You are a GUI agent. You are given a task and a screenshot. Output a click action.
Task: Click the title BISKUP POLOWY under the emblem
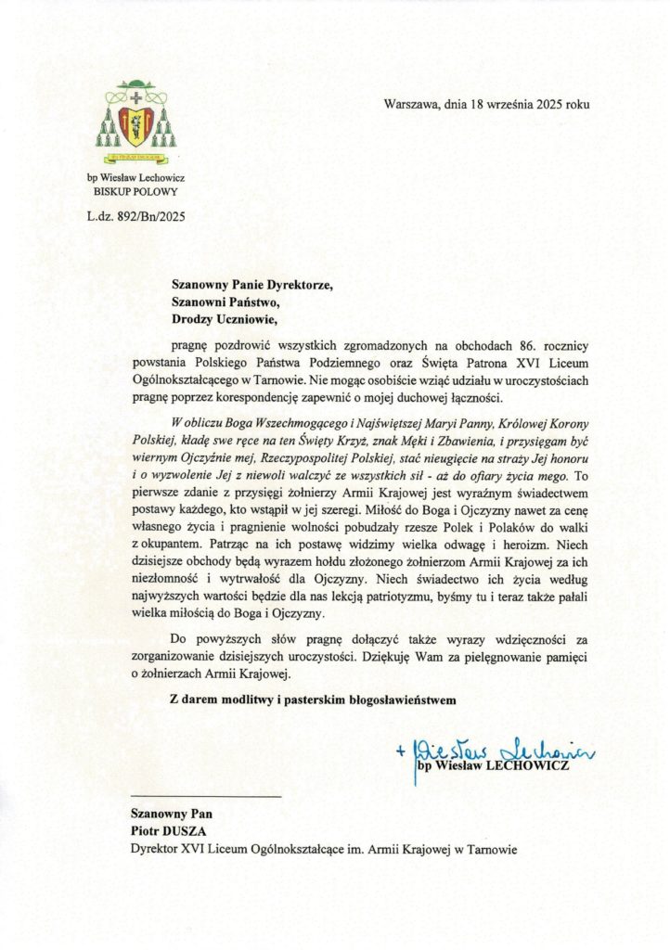pos(135,192)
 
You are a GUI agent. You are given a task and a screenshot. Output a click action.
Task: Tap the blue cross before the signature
pos(399,752)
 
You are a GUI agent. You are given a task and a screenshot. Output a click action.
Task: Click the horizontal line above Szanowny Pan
pos(205,797)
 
